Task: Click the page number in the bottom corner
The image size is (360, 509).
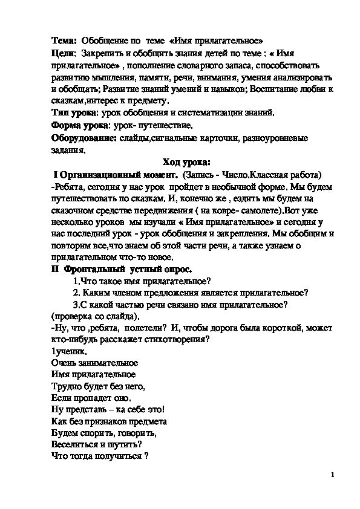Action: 332,475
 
